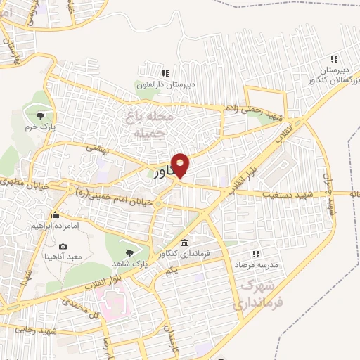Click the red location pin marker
coord(181,165)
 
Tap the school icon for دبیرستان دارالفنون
coord(165,72)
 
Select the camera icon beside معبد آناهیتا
coord(63,247)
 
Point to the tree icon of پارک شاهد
coord(128,252)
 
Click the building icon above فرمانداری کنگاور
coord(184,241)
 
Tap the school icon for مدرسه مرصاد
coord(256,252)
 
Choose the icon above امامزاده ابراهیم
coord(55,215)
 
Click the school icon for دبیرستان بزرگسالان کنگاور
coord(335,59)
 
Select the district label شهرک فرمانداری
coord(259,295)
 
